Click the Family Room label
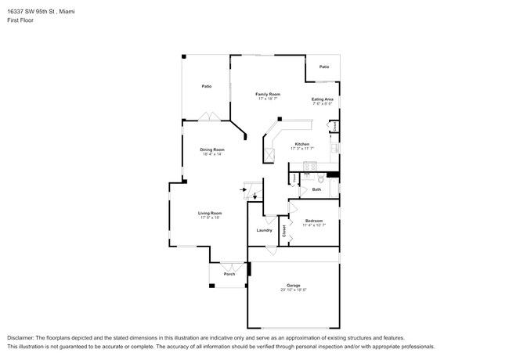268,94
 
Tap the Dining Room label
213,149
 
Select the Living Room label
211,213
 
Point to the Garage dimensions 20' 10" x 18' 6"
293,290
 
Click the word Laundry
264,230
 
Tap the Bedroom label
313,221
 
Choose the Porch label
229,274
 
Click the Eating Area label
323,99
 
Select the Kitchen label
301,144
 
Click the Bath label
316,189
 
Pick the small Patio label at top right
323,67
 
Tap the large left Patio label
207,86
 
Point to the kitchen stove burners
309,166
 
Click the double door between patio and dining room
209,118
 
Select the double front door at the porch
229,265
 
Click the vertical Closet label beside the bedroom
283,231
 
